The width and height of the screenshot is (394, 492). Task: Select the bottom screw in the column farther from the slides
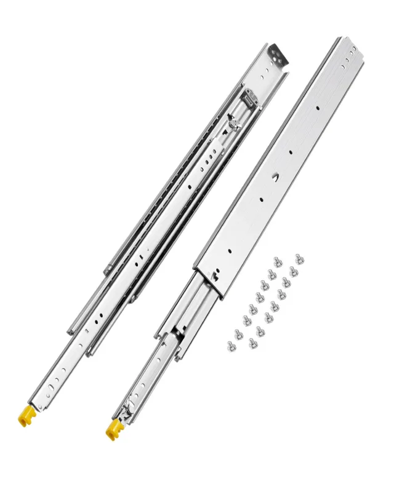[x=252, y=342]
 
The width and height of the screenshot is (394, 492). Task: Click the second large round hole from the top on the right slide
[x=289, y=151]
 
